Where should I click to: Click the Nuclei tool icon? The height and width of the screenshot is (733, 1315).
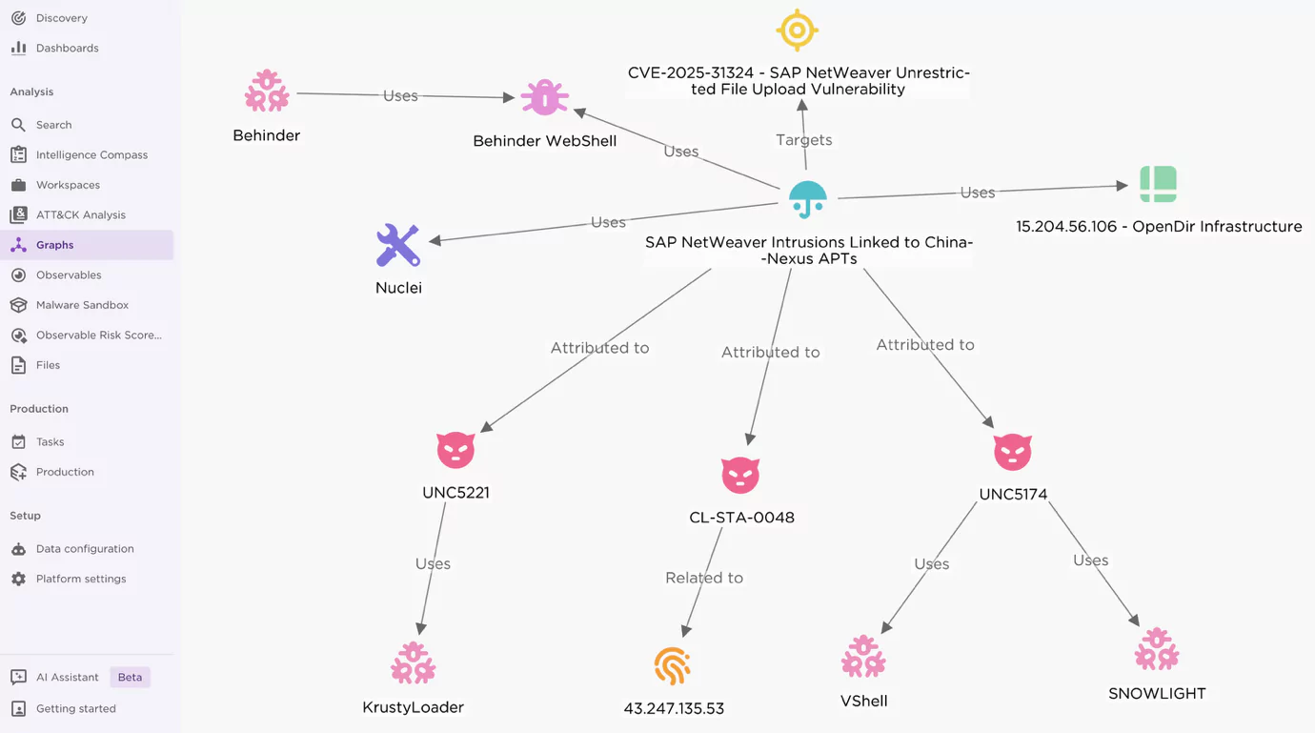click(398, 245)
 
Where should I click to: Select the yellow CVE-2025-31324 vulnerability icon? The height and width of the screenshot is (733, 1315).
click(798, 30)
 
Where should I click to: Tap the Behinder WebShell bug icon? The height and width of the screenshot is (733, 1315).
click(545, 97)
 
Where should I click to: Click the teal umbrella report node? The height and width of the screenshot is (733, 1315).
click(808, 200)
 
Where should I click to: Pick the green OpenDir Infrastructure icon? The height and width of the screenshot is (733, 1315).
click(1159, 184)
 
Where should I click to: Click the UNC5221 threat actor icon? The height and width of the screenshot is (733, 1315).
click(455, 450)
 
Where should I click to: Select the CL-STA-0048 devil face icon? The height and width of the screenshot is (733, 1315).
click(740, 475)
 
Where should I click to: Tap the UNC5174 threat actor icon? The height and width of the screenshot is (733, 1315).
click(1013, 452)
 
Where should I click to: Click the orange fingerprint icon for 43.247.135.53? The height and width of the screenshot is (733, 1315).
click(672, 666)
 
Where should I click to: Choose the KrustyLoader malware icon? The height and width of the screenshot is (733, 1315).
click(414, 662)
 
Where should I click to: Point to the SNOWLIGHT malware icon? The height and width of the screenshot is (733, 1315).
click(1157, 649)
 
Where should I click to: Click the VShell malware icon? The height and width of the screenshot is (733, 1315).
click(863, 656)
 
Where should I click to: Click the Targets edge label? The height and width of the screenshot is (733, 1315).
click(803, 140)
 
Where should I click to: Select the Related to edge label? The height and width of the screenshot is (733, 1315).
click(704, 578)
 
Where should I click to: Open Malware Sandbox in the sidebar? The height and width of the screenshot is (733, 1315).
click(82, 305)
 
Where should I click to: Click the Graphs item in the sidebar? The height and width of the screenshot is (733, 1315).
click(54, 245)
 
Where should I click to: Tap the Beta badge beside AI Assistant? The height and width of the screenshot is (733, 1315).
click(130, 677)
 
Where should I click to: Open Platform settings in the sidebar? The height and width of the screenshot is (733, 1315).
click(81, 579)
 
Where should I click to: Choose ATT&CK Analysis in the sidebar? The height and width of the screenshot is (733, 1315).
click(81, 215)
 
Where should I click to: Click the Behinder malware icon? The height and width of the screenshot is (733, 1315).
click(267, 91)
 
